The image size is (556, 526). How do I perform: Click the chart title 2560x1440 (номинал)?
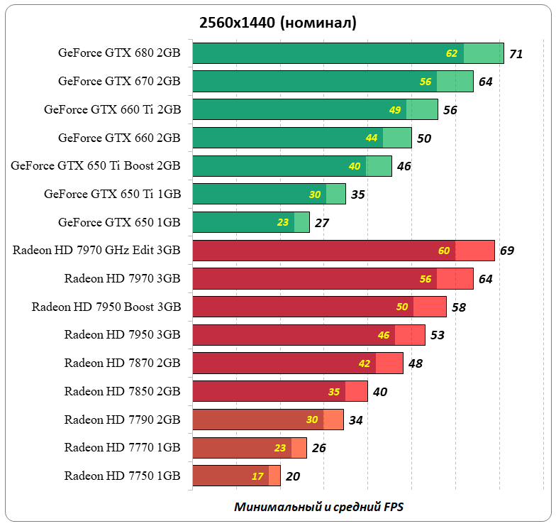coord(277,23)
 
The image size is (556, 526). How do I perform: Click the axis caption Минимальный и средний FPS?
coord(318,507)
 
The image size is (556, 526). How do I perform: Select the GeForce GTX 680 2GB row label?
coord(119,53)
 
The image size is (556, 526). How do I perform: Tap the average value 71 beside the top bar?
coord(516,53)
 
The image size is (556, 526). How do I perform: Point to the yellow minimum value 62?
coord(452,53)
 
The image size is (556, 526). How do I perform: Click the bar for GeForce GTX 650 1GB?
coord(250,222)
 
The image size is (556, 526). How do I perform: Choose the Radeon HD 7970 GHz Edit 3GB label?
coord(96,250)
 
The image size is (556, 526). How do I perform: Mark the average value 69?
coord(506,251)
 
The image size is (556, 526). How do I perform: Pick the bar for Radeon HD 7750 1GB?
coord(236,476)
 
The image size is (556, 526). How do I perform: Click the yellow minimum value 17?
coord(257,476)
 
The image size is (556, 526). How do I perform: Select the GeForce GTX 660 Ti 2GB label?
coord(112,109)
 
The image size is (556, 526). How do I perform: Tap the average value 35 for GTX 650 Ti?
coord(357,194)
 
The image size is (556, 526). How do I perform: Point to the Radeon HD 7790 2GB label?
coord(122,420)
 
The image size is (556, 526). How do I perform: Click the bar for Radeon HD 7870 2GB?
coord(297,363)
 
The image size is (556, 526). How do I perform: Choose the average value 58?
coord(458,307)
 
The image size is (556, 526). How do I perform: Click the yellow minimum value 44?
coord(372,138)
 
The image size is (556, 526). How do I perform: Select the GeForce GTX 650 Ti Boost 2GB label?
coord(96,165)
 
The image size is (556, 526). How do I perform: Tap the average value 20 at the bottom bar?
coord(293,476)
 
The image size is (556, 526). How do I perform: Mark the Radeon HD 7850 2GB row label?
coord(122,391)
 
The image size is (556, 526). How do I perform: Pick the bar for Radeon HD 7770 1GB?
coord(249,448)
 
